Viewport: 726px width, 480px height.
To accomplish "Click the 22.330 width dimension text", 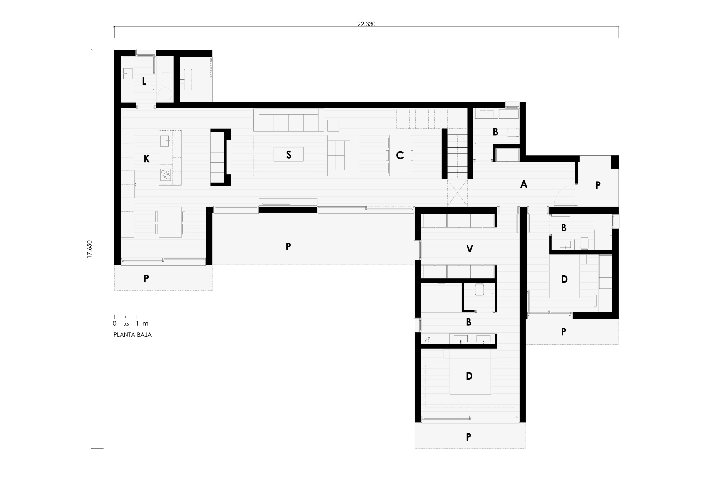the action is tap(366, 24).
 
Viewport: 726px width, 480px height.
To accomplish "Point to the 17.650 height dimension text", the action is tap(89, 249).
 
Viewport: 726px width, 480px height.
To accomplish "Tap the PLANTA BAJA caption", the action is tap(132, 335).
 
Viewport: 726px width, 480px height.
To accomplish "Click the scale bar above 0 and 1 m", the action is tap(125, 317).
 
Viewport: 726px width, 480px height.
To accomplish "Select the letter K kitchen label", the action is tap(147, 159).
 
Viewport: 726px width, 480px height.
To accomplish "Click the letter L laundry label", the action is tap(144, 81).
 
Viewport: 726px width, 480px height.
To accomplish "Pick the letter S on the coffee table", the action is tap(288, 155).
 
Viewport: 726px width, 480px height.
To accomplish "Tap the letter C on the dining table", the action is tap(400, 155).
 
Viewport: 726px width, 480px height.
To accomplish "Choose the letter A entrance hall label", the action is tap(524, 184).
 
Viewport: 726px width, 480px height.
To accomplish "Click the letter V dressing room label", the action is tap(470, 249).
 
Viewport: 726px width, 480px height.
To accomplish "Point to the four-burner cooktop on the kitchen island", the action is tap(166, 175).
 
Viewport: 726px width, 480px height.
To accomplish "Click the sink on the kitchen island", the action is tap(164, 141).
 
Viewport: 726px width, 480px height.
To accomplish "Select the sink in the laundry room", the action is tap(128, 73).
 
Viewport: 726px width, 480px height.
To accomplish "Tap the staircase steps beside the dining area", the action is tap(457, 157).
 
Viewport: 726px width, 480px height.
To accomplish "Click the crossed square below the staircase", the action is tap(457, 192).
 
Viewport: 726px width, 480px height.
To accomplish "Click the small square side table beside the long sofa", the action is tap(333, 125).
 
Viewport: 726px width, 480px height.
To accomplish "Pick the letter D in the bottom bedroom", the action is tap(469, 376).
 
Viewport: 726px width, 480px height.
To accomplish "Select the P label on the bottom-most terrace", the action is tap(468, 437).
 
